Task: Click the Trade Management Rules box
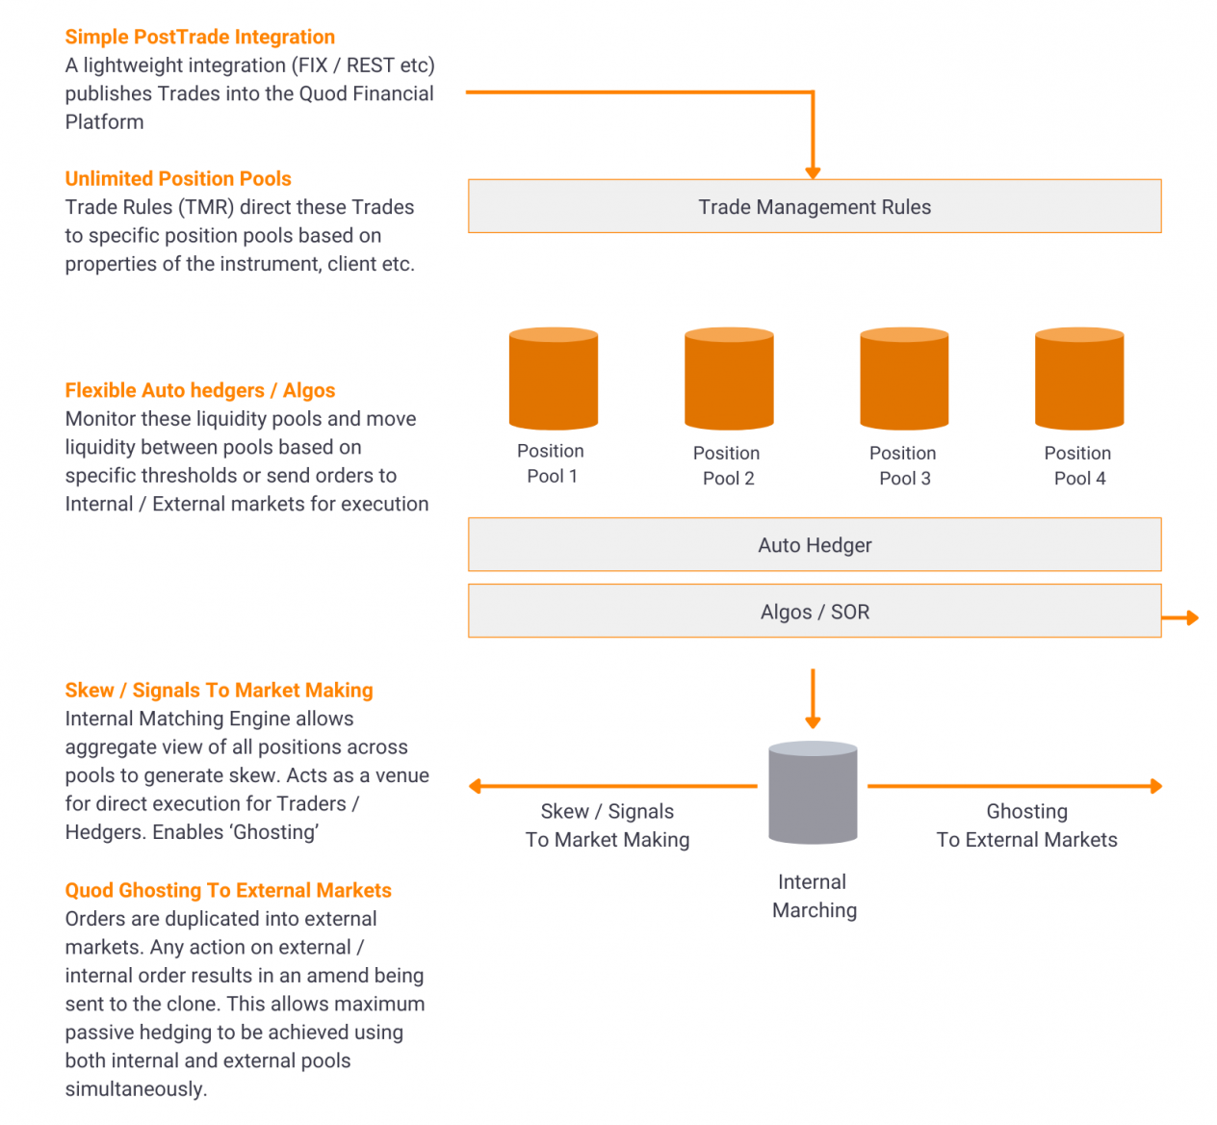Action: click(815, 206)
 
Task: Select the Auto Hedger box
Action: click(815, 544)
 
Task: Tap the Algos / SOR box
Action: click(815, 611)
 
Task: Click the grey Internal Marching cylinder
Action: click(813, 793)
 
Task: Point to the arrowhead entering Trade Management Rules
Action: click(813, 172)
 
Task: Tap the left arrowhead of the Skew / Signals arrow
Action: click(476, 787)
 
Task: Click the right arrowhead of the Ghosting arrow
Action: click(1155, 787)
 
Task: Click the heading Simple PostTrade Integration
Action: click(200, 37)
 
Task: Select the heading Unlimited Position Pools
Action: click(178, 178)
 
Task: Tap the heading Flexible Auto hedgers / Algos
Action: click(200, 390)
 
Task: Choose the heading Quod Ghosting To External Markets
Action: click(228, 890)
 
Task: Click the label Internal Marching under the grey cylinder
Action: click(814, 896)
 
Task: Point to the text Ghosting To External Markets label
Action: click(1026, 825)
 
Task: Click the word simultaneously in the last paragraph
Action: click(135, 1089)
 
